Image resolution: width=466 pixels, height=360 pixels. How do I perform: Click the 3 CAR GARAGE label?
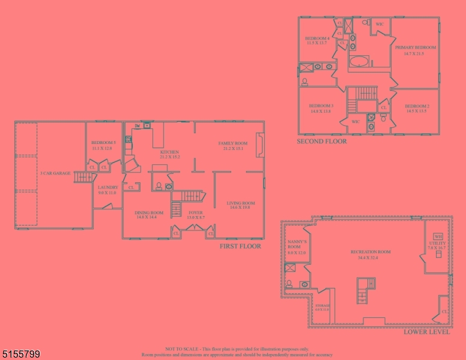[55, 173]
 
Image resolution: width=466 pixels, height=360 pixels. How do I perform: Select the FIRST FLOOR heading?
[240, 246]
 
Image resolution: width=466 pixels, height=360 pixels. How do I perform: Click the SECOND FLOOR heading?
[322, 142]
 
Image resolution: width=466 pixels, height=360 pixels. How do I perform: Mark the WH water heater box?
[438, 236]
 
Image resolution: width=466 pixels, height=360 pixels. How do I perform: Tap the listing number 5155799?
[20, 355]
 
